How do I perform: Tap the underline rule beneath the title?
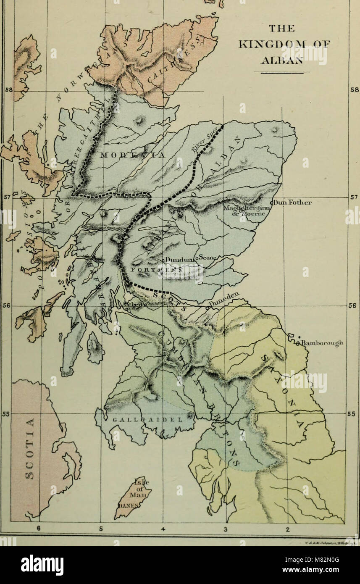(281, 72)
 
